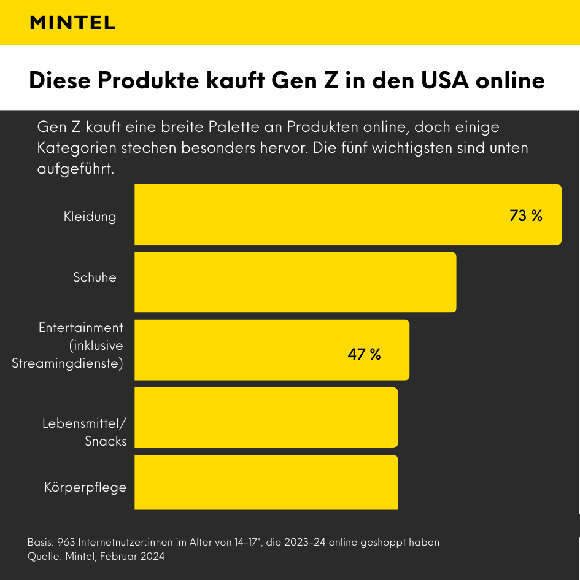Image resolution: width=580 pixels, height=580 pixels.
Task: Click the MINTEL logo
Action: click(72, 23)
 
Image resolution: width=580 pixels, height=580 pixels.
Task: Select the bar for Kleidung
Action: click(347, 215)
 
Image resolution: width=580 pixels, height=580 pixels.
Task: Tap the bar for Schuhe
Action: click(295, 282)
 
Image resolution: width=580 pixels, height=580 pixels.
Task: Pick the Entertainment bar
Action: click(271, 350)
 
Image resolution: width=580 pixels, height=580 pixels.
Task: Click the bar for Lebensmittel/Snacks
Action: click(266, 417)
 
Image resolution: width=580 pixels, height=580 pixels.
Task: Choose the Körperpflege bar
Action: click(266, 482)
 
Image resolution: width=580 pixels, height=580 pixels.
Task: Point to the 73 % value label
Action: click(526, 215)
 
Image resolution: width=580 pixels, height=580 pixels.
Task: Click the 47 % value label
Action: click(364, 354)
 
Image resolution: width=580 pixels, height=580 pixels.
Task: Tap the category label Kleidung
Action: click(90, 216)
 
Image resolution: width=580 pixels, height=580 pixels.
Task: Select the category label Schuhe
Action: click(95, 277)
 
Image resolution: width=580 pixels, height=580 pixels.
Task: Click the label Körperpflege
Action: click(85, 487)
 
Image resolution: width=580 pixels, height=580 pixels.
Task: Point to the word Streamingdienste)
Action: click(68, 363)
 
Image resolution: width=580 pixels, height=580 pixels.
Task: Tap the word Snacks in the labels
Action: click(106, 441)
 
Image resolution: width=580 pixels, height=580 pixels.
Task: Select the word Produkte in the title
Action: click(149, 80)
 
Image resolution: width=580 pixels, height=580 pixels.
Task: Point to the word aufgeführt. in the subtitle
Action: click(75, 169)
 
